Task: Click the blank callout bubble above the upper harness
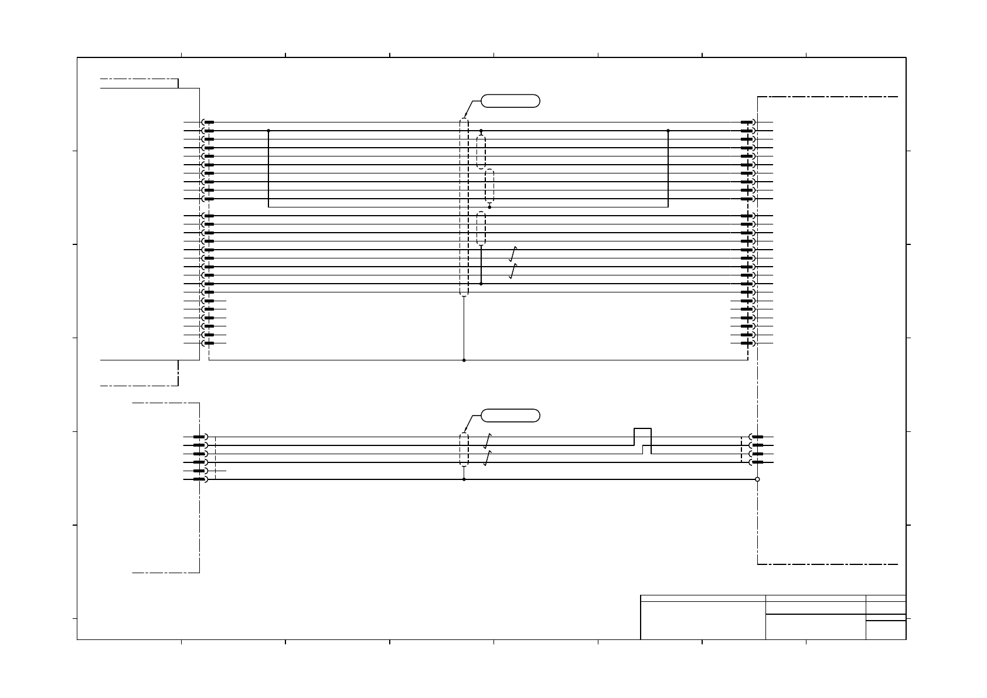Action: point(510,101)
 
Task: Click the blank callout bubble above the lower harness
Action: point(510,416)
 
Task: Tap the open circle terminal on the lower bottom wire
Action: point(757,479)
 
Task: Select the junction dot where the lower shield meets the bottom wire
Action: point(464,479)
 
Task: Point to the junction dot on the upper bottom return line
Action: point(464,360)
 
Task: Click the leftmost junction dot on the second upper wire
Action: point(268,131)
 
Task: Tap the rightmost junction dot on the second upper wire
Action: point(668,131)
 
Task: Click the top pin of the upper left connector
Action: point(208,122)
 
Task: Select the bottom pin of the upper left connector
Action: point(208,343)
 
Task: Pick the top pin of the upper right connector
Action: point(747,122)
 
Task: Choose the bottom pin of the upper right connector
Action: point(747,343)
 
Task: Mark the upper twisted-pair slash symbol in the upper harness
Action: point(513,254)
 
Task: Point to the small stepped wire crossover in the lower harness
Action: point(642,445)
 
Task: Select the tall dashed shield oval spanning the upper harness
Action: point(464,207)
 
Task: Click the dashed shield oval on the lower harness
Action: point(464,450)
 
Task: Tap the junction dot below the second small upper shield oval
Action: point(489,207)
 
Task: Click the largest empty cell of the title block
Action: point(703,620)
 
